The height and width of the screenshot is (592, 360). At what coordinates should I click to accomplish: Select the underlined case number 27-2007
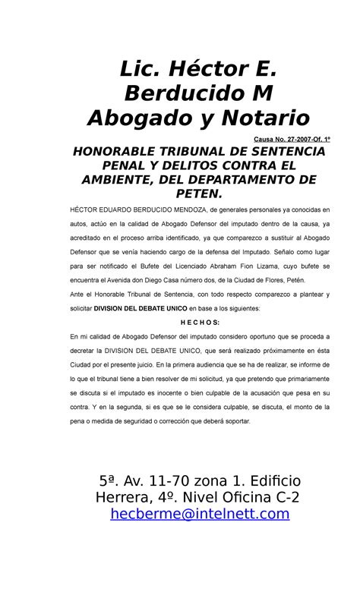point(286,140)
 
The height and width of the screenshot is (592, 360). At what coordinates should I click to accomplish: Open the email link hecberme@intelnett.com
point(200,515)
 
